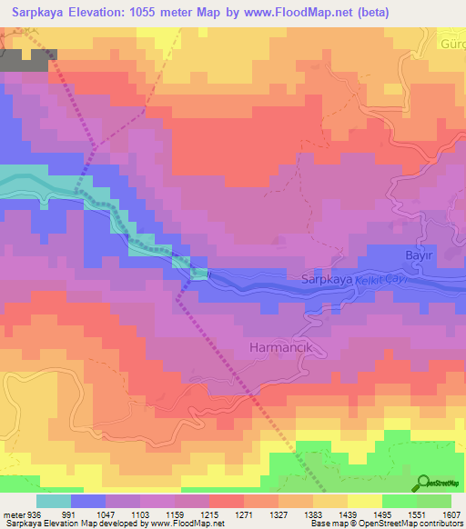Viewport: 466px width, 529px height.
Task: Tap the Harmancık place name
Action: (282, 348)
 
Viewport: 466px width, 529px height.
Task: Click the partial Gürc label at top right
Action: (451, 45)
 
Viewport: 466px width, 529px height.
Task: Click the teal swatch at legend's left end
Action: (54, 501)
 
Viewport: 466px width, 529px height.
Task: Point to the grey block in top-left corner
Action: (27, 59)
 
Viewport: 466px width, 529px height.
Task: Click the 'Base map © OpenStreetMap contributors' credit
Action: (385, 524)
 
